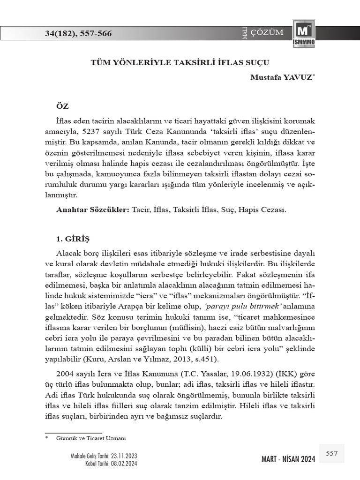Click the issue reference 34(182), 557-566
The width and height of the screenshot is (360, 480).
coord(79,33)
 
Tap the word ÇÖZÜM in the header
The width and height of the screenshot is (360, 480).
coord(267,32)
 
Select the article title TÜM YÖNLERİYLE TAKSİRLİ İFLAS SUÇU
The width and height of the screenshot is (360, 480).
coord(180,61)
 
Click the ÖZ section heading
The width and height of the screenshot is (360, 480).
coord(62,107)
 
